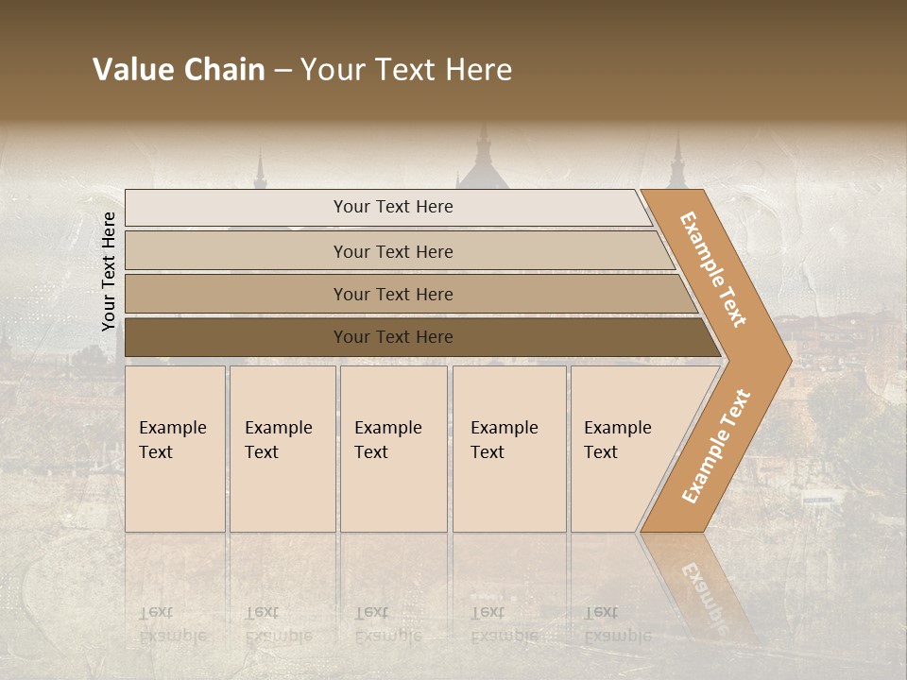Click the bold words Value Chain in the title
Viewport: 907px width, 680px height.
click(x=179, y=70)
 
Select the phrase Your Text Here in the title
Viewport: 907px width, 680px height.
click(x=406, y=70)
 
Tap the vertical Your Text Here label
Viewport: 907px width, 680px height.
click(x=109, y=271)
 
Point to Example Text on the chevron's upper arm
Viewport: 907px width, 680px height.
click(x=713, y=269)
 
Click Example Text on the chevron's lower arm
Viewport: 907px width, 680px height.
click(x=715, y=447)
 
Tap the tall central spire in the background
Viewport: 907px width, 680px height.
click(x=483, y=151)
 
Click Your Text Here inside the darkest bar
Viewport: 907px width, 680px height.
click(x=393, y=337)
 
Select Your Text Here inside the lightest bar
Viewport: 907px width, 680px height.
click(x=393, y=207)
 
